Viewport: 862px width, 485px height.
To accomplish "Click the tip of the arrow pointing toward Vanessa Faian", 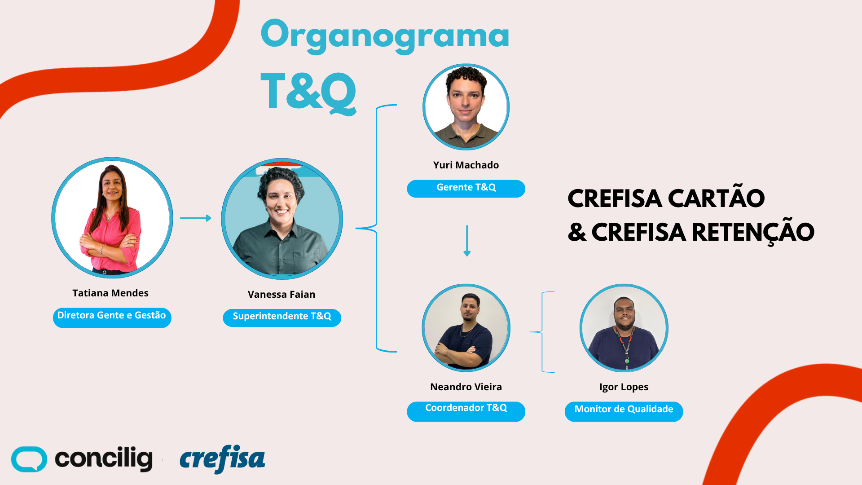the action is point(211,218).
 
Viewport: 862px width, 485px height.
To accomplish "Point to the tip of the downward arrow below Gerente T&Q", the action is point(467,256).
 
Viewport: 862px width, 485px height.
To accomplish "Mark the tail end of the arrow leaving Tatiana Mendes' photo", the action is point(180,218).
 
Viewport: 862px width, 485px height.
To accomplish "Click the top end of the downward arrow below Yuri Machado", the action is point(467,225).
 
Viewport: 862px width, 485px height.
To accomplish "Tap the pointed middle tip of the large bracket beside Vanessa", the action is point(356,228).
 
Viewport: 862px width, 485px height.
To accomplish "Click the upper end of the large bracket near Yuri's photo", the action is point(396,105).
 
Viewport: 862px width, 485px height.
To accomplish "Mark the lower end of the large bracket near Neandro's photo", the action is point(396,352).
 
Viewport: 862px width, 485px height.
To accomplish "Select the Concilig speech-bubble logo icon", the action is point(29,459).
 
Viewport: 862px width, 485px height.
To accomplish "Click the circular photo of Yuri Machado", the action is point(466,107).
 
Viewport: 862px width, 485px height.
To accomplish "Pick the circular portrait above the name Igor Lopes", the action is point(624,328).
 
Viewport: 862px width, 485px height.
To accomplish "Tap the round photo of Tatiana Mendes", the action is point(112,218).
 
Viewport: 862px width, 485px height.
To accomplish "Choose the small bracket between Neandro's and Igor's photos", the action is point(542,332).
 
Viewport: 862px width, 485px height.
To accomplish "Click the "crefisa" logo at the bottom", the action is point(222,459).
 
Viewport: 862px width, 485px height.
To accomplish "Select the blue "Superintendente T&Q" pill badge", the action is point(282,317).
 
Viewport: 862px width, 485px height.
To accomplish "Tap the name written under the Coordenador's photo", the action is point(466,387).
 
